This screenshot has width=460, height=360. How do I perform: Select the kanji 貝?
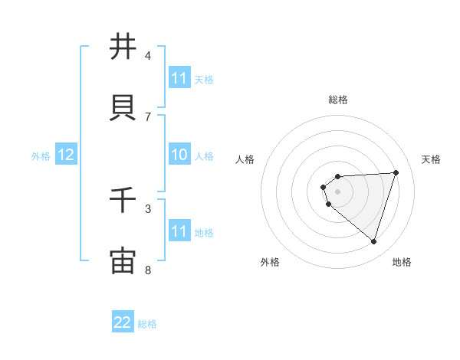point(123,107)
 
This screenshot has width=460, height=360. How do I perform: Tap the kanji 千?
point(123,201)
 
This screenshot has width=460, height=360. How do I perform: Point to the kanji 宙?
point(123,260)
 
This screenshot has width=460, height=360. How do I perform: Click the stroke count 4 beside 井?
point(148,55)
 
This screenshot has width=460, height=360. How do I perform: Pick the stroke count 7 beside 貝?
point(148,116)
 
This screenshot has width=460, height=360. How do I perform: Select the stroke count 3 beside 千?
point(148,208)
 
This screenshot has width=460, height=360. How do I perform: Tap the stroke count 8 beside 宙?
point(148,270)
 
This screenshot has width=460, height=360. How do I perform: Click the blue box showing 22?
point(123,322)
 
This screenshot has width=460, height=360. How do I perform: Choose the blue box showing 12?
point(65,155)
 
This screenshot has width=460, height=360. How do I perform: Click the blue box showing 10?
point(179,155)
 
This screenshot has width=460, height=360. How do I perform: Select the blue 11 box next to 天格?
point(179,78)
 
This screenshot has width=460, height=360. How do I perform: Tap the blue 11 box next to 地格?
point(179,232)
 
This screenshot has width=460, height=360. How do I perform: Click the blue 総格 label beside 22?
point(147,324)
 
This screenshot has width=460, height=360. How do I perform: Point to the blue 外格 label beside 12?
point(41,156)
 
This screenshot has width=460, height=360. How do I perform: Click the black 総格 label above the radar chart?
point(338,100)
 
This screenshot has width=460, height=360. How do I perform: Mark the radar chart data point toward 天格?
point(396,172)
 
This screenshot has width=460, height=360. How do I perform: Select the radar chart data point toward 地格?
point(373,241)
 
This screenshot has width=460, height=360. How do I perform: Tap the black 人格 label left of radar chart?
point(245,159)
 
